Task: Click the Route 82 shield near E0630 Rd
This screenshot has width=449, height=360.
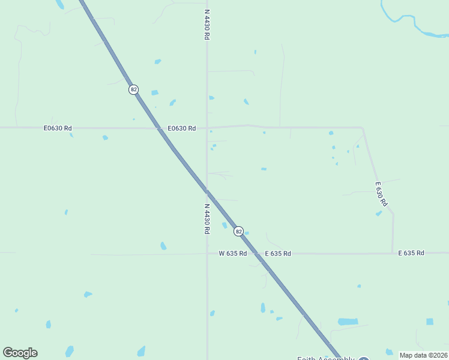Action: pyautogui.click(x=133, y=89)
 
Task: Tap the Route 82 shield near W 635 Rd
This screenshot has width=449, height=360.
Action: pyautogui.click(x=238, y=231)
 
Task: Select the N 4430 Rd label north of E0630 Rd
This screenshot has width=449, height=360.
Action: pyautogui.click(x=206, y=25)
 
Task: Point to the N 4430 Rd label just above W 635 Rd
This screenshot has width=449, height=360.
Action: pyautogui.click(x=206, y=218)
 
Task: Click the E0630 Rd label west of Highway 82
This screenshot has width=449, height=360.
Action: pyautogui.click(x=58, y=128)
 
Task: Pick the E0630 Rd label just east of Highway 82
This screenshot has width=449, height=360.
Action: pyautogui.click(x=182, y=128)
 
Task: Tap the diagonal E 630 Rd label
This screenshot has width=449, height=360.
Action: pyautogui.click(x=379, y=194)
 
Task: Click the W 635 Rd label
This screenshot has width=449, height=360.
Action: pyautogui.click(x=232, y=253)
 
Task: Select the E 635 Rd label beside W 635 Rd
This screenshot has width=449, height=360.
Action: pyautogui.click(x=278, y=254)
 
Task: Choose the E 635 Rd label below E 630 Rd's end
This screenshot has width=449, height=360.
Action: pyautogui.click(x=411, y=253)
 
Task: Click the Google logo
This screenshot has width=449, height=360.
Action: pyautogui.click(x=20, y=353)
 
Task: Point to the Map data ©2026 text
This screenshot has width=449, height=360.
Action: pyautogui.click(x=423, y=355)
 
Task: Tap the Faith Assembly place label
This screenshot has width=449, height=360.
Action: pyautogui.click(x=326, y=358)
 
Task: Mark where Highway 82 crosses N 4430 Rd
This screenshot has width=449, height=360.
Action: pyautogui.click(x=207, y=191)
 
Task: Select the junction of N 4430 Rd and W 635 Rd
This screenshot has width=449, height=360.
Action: pyautogui.click(x=207, y=253)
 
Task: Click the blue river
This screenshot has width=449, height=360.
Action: pyautogui.click(x=414, y=24)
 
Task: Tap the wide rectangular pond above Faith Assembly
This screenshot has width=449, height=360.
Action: pyautogui.click(x=348, y=322)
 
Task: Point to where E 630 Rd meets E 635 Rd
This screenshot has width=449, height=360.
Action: pyautogui.click(x=393, y=253)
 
